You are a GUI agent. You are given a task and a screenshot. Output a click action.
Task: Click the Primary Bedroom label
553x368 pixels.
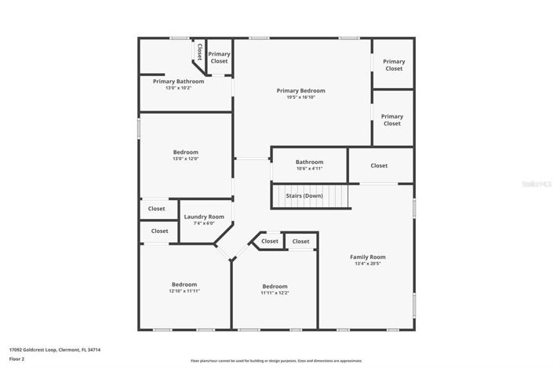[x=300, y=91]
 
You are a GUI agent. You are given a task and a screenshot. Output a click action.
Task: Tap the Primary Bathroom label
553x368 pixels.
[x=178, y=82]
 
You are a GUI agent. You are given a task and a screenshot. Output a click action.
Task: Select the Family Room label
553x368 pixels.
[x=367, y=257]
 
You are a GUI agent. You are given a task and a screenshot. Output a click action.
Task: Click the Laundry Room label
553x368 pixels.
[x=204, y=217]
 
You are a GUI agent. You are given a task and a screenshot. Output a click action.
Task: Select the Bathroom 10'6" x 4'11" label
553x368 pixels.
[x=309, y=162]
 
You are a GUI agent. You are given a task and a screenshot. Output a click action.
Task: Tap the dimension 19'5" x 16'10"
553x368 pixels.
[x=300, y=97]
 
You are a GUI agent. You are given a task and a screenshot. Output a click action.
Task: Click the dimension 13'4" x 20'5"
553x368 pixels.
[x=367, y=264]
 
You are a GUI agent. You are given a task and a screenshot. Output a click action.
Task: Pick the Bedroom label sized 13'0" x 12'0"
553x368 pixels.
[x=185, y=152]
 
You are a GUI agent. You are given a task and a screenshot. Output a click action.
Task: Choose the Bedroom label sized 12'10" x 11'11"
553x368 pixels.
[x=184, y=284]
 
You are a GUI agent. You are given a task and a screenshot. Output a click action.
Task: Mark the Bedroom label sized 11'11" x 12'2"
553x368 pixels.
[x=275, y=286]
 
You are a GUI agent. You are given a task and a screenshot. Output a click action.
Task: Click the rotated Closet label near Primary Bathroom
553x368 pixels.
[x=199, y=53]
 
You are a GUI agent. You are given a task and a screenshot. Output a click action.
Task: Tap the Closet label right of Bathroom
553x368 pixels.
[x=379, y=166]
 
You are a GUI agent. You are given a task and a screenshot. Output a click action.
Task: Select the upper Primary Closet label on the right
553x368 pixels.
[x=394, y=65]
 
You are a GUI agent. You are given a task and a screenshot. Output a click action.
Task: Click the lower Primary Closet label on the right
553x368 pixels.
[x=392, y=120]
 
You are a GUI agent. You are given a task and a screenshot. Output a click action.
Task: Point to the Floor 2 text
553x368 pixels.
[x=16, y=359]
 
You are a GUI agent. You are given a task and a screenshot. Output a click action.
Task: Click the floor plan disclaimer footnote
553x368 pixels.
[x=276, y=361]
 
